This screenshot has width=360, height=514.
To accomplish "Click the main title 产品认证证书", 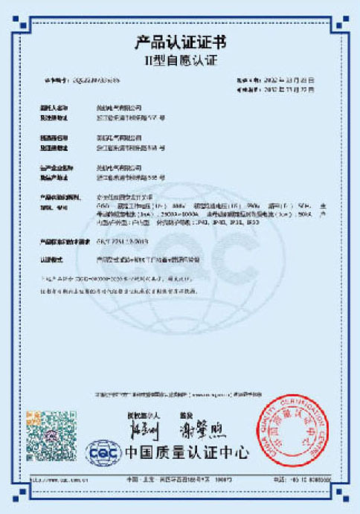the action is coord(179,41).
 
